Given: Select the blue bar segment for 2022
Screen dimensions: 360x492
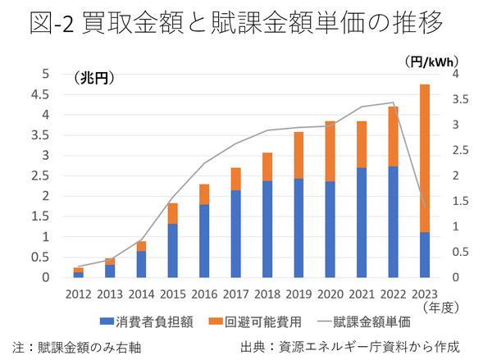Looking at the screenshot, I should (x=393, y=221).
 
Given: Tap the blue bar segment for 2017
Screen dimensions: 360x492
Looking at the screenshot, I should (x=235, y=234).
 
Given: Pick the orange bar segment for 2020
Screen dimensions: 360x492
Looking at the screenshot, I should (x=330, y=152).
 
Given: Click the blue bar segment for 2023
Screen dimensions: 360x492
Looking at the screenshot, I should (x=425, y=255).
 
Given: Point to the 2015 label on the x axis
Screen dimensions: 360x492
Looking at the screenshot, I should (x=172, y=294).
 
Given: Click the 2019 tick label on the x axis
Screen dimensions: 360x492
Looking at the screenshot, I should (x=298, y=294).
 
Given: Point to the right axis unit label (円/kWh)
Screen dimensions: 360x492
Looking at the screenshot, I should (x=431, y=61).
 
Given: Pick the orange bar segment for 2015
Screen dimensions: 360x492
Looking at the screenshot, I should (x=172, y=213).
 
